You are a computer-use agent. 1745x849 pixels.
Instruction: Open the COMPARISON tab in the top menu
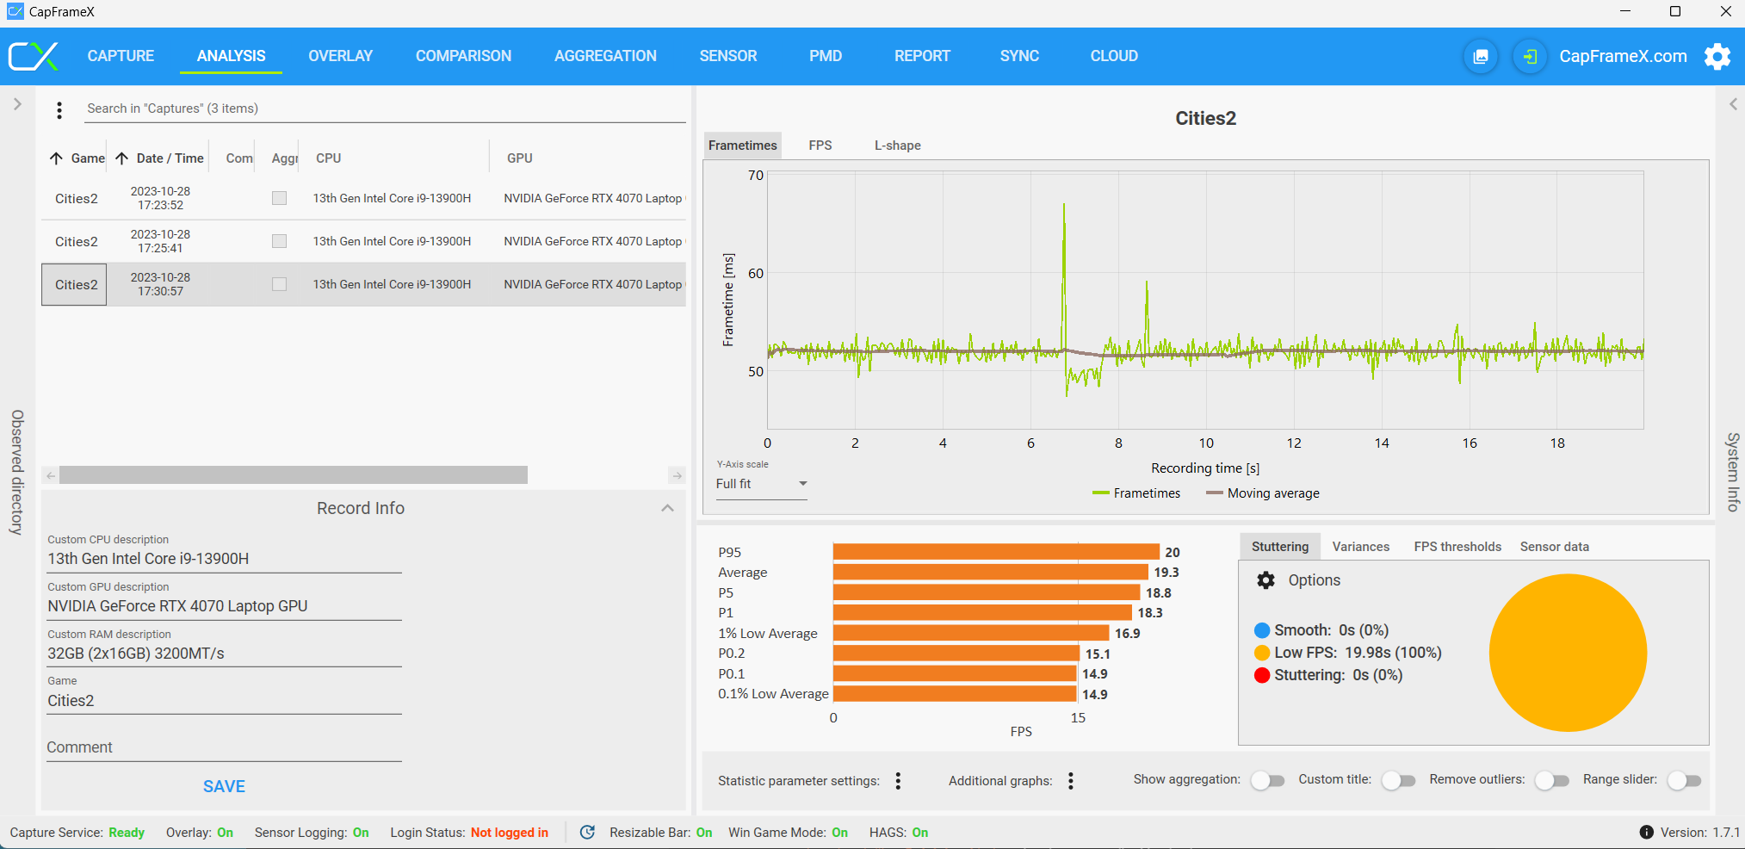click(x=463, y=56)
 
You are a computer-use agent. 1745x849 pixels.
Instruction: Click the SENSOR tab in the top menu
click(x=727, y=56)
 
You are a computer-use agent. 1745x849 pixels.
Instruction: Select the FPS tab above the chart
click(x=820, y=146)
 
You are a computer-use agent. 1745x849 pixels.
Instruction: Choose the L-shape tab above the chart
click(x=897, y=146)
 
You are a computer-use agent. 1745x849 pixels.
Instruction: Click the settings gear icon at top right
click(x=1717, y=57)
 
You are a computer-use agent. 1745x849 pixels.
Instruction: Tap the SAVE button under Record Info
click(x=224, y=786)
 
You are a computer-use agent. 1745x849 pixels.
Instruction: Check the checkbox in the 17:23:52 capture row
click(x=279, y=198)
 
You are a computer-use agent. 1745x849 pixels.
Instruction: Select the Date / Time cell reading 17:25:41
click(x=160, y=241)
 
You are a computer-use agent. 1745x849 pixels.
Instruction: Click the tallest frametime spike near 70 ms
click(x=1064, y=205)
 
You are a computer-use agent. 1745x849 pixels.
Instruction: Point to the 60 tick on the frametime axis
click(x=755, y=274)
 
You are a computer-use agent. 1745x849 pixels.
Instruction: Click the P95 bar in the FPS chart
click(x=996, y=552)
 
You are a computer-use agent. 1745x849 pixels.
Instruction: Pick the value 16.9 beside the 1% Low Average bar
click(x=1127, y=634)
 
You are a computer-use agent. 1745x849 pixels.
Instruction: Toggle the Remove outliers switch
click(x=1552, y=780)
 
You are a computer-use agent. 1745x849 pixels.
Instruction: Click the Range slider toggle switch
click(x=1684, y=780)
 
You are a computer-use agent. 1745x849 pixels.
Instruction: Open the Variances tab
click(x=1360, y=547)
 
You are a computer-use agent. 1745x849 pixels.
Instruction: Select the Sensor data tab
click(x=1554, y=547)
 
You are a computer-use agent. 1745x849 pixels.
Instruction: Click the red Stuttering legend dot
click(x=1262, y=675)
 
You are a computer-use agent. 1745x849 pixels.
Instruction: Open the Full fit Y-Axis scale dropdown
click(x=761, y=484)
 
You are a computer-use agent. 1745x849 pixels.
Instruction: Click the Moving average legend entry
click(x=1262, y=493)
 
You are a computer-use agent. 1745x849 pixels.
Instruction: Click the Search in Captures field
click(x=384, y=108)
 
